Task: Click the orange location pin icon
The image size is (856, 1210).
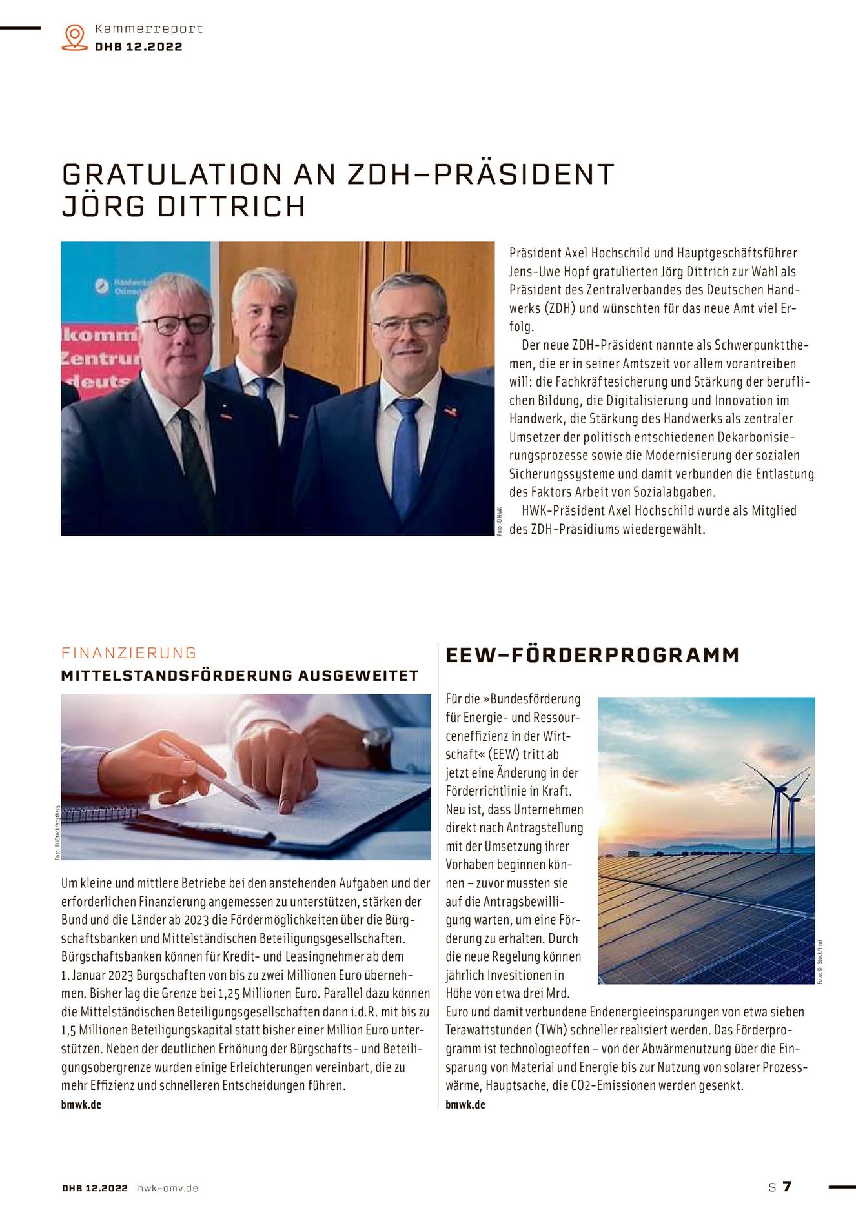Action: click(x=75, y=37)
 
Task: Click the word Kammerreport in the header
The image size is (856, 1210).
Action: click(x=148, y=28)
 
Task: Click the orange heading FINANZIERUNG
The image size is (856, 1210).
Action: click(x=128, y=652)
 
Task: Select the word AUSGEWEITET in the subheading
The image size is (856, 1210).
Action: click(x=358, y=676)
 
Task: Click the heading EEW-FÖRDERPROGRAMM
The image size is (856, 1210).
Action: click(x=592, y=655)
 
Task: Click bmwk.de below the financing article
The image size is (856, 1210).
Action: click(x=81, y=1104)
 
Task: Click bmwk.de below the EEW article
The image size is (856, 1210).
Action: click(x=465, y=1104)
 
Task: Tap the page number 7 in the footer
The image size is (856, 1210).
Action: click(x=786, y=1186)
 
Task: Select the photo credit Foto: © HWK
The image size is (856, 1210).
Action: click(x=499, y=521)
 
